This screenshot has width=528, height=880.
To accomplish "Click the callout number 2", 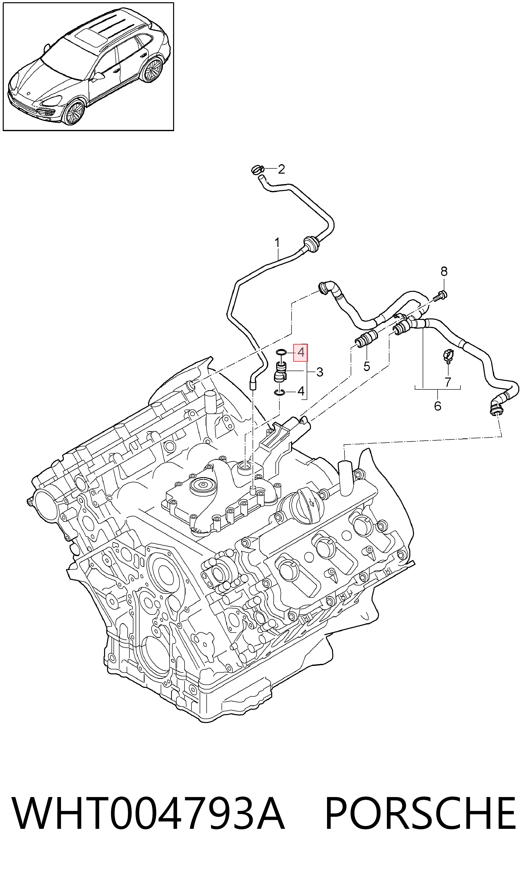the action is (x=281, y=169).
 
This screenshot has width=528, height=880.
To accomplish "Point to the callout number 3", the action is (x=319, y=372).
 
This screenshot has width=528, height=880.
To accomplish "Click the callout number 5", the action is (x=367, y=366).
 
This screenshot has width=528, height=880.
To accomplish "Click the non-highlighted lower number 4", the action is (x=301, y=391).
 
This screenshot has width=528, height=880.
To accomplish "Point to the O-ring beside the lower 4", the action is (x=280, y=392).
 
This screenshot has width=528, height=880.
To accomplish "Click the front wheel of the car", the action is (x=74, y=113).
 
